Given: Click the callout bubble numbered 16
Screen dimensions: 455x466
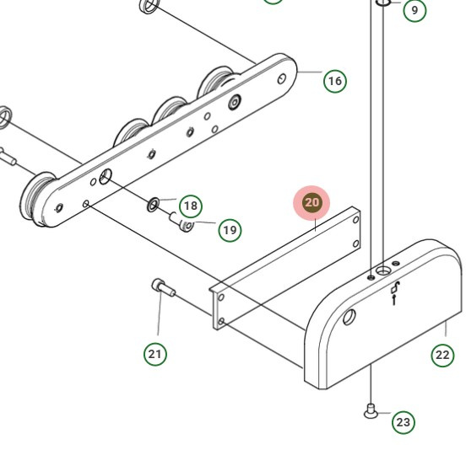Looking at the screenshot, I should (335, 81).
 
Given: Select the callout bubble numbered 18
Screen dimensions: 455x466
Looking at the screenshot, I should (191, 206).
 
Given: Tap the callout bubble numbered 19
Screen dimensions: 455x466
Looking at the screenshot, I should (230, 229).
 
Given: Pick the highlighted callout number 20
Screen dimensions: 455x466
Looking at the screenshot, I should (312, 203).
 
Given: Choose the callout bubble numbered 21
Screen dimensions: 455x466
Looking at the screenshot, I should (154, 354).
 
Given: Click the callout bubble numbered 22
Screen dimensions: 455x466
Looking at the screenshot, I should (443, 355).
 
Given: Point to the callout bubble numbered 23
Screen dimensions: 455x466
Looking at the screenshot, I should (404, 421).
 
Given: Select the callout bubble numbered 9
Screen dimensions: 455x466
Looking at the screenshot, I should (415, 11).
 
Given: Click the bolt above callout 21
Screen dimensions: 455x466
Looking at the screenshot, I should (161, 288).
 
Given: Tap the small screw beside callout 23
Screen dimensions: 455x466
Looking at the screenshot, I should (371, 411).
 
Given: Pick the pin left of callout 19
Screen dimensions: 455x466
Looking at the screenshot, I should (182, 222).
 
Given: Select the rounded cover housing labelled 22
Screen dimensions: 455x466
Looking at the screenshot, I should (380, 329).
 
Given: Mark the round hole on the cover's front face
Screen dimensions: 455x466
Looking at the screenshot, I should (349, 318).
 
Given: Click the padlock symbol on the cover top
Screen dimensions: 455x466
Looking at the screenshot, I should (396, 292).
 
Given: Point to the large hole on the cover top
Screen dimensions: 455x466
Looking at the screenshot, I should (384, 271).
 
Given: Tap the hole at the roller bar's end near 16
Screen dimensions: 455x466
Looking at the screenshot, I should (283, 79).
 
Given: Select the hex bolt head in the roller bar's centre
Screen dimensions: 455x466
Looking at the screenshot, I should (234, 102).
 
